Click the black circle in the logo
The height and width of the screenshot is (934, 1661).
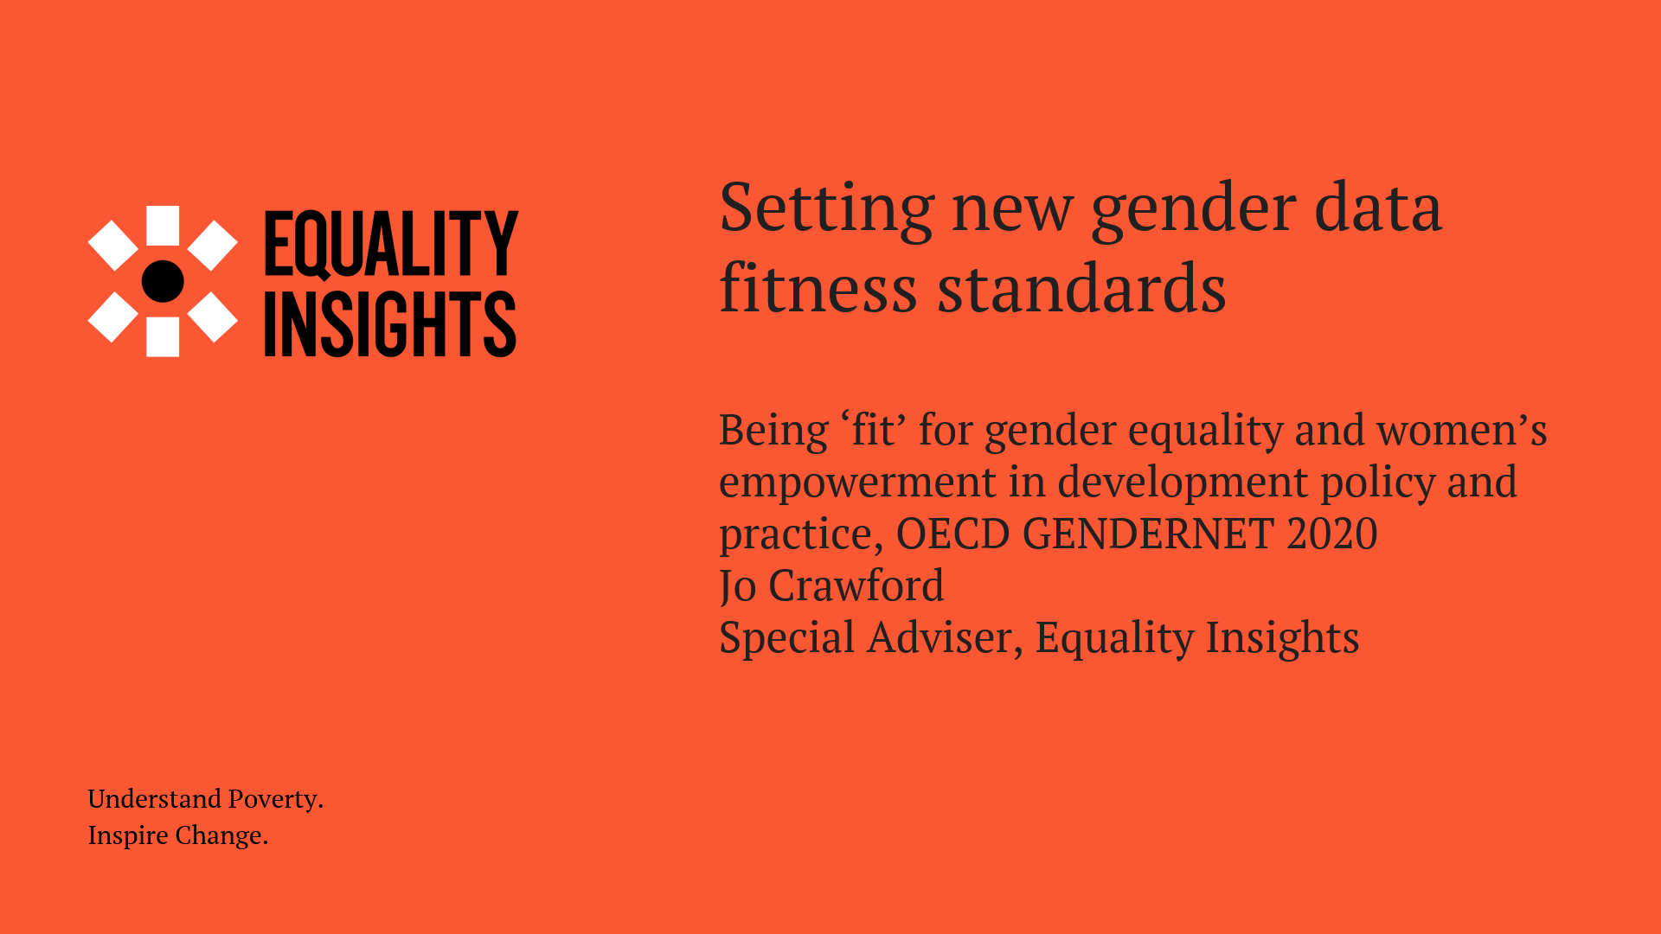click(163, 281)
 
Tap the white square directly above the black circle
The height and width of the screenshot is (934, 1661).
click(163, 225)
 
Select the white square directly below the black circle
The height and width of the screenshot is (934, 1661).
click(163, 337)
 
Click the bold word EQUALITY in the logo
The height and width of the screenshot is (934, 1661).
click(391, 245)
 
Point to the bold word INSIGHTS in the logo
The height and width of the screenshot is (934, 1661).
click(390, 323)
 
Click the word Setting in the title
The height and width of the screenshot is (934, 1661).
click(826, 210)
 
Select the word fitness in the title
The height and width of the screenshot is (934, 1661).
click(818, 288)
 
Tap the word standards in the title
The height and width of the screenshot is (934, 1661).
click(1082, 288)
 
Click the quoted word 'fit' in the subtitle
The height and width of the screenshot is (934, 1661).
click(873, 430)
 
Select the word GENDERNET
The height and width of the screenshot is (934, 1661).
click(1148, 534)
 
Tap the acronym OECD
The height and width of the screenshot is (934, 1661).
click(952, 534)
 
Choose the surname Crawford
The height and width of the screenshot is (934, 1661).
click(856, 585)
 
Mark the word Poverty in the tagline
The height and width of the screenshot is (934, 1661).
click(276, 800)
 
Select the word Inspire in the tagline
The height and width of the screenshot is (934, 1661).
click(128, 836)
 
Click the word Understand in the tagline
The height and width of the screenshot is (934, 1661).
click(155, 798)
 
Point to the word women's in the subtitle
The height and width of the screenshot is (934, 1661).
click(1461, 430)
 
